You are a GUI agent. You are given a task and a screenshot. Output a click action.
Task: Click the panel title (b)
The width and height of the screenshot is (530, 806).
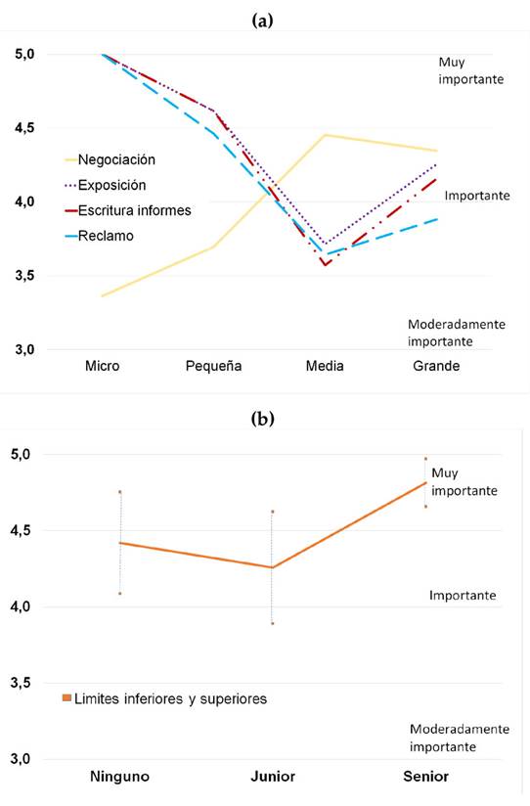262,419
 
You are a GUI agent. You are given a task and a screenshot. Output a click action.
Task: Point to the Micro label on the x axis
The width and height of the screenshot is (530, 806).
102,366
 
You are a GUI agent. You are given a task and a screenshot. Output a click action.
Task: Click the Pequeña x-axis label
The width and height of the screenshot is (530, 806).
214,366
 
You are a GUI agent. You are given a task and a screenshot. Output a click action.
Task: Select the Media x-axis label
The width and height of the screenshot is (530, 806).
326,366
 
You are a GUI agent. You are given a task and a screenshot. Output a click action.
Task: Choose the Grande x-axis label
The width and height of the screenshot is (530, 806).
436,366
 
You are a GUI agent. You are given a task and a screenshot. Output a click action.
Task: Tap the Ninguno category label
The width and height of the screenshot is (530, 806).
119,777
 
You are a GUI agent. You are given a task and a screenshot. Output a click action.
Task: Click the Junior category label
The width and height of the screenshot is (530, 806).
273,777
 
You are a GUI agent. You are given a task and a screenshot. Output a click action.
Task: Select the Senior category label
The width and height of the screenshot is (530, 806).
425,777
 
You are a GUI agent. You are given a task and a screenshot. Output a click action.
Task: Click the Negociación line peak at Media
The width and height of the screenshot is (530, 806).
326,135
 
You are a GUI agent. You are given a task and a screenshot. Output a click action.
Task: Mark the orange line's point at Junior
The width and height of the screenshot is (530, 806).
273,567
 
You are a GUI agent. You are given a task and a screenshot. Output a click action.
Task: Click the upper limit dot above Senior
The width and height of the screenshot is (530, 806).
425,458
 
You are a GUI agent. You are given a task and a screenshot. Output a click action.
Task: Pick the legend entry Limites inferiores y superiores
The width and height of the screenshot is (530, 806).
165,698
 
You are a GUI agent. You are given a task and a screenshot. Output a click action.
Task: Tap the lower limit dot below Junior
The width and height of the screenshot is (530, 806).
273,623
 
